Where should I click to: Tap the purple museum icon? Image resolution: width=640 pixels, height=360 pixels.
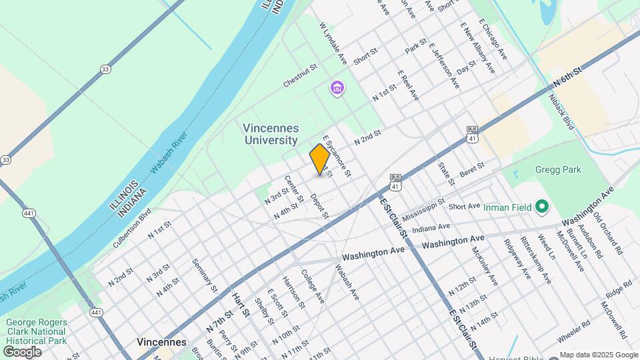coord(337,88)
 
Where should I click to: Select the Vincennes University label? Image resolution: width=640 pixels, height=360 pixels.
coord(271,134)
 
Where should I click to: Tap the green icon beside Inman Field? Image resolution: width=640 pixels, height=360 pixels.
coord(541,207)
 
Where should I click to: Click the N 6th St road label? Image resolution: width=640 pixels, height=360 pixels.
coord(567,78)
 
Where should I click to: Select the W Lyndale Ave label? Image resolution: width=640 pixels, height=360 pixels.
coord(333,43)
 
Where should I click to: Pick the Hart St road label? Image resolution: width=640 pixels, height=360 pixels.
coord(241,303)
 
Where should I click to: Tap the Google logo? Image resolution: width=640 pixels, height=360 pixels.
coord(22,351)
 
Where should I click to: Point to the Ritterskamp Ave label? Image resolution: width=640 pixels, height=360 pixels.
coord(537,259)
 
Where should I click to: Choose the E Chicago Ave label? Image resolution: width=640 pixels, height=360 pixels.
coord(493,41)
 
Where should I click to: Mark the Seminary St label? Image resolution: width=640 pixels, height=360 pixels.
coord(205,275)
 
